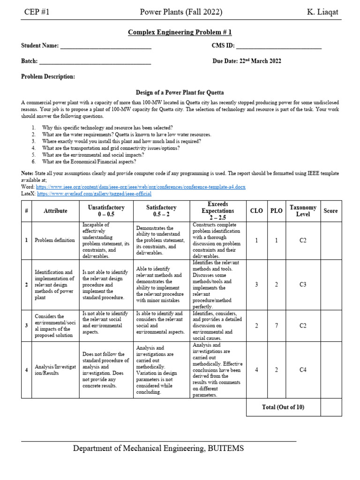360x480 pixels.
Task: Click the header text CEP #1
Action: click(x=37, y=12)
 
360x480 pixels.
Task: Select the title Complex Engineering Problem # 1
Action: click(x=180, y=32)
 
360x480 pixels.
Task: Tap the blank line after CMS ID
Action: click(x=278, y=46)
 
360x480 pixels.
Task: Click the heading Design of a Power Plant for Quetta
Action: click(x=180, y=93)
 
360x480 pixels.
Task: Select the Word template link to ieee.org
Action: click(x=140, y=187)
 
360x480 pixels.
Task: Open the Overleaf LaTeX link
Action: click(x=94, y=194)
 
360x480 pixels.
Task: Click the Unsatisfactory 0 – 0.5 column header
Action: click(x=106, y=211)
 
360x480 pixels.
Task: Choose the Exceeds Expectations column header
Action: click(x=218, y=211)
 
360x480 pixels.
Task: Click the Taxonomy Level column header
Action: click(x=303, y=211)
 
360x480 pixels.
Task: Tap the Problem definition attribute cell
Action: click(x=55, y=240)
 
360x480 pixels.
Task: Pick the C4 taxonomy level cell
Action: click(x=303, y=370)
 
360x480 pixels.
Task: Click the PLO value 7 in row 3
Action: click(x=276, y=326)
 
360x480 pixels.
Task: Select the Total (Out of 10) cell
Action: click(x=283, y=407)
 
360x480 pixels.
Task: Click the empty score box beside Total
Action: click(x=330, y=407)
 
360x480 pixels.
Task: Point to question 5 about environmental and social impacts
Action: click(x=93, y=155)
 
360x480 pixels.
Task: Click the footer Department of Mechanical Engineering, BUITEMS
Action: click(x=158, y=449)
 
